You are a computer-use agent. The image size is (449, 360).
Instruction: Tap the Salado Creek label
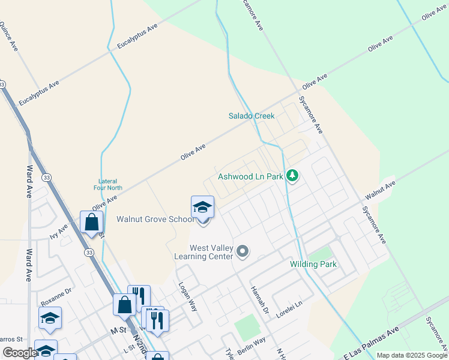coord(252,116)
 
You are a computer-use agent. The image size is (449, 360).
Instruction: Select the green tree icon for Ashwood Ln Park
coord(292,176)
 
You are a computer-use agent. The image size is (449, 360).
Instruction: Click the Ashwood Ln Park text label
coord(250,177)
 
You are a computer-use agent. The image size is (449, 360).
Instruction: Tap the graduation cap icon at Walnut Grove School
coord(203,208)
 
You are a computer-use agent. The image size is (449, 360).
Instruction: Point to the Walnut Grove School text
coord(155,220)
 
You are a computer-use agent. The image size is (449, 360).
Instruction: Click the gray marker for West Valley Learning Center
coord(243,251)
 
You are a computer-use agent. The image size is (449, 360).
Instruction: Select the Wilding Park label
coord(313,264)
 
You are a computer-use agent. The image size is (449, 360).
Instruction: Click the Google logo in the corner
coord(19,353)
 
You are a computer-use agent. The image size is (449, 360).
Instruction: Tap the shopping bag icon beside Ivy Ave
coord(91,221)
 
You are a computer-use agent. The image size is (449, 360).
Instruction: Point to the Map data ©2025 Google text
coord(411,355)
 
